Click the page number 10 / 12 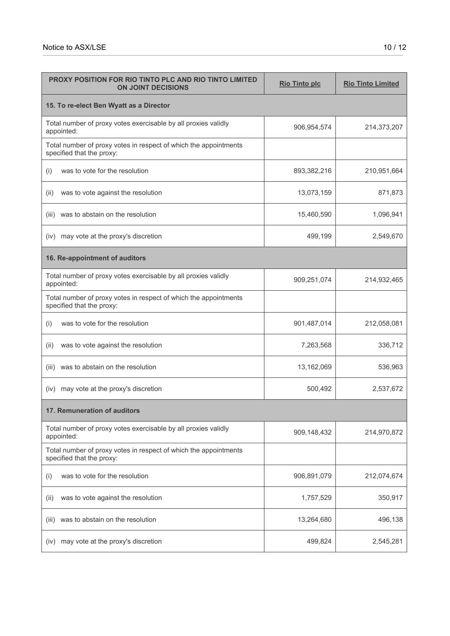coord(395,47)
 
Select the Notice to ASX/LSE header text coord(74,47)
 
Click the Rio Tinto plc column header coord(300,83)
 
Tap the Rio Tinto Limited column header coord(371,83)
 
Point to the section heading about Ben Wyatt coord(108,105)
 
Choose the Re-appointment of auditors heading coord(96,258)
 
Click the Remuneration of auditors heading coord(93,410)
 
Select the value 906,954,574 coord(312,127)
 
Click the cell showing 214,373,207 coord(383,127)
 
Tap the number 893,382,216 coord(312,171)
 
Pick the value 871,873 coord(390,192)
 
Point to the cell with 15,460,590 coord(314,214)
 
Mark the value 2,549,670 coord(387,236)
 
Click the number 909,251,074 coord(312,280)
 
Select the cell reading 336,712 coord(390,345)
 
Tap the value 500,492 coord(319,389)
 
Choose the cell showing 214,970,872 coord(383,432)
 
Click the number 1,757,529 coord(316,498)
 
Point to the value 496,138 coord(390,520)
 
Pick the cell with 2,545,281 coord(387,541)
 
